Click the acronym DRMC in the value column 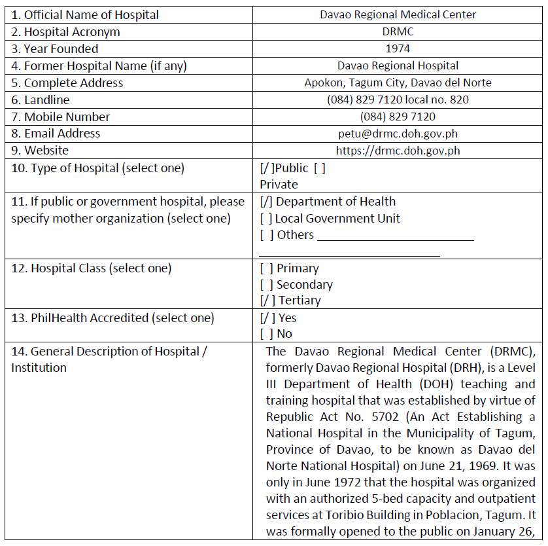(x=398, y=31)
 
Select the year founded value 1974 (x=398, y=48)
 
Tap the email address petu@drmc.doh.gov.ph (x=398, y=134)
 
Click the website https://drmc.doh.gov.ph (x=398, y=151)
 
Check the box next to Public (x=266, y=168)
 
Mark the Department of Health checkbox (x=266, y=202)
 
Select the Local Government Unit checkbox (x=266, y=219)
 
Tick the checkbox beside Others (x=266, y=235)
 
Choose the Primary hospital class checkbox (x=266, y=268)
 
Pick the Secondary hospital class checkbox (x=266, y=285)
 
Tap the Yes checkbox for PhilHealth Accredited (x=266, y=318)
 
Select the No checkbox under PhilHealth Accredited (x=266, y=334)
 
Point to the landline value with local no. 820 (x=398, y=100)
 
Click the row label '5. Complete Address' (x=67, y=83)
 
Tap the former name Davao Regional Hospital (x=398, y=65)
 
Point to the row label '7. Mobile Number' (x=61, y=117)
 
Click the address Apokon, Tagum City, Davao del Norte (x=398, y=83)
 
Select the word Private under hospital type (x=279, y=185)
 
